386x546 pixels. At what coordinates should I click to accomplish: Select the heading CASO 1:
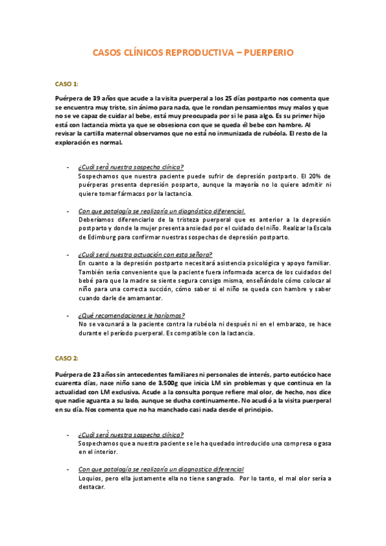66,84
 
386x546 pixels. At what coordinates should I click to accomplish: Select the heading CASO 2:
66,358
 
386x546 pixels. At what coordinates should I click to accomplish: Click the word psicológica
262,263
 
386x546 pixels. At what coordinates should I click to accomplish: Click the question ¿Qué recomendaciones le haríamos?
131,315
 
